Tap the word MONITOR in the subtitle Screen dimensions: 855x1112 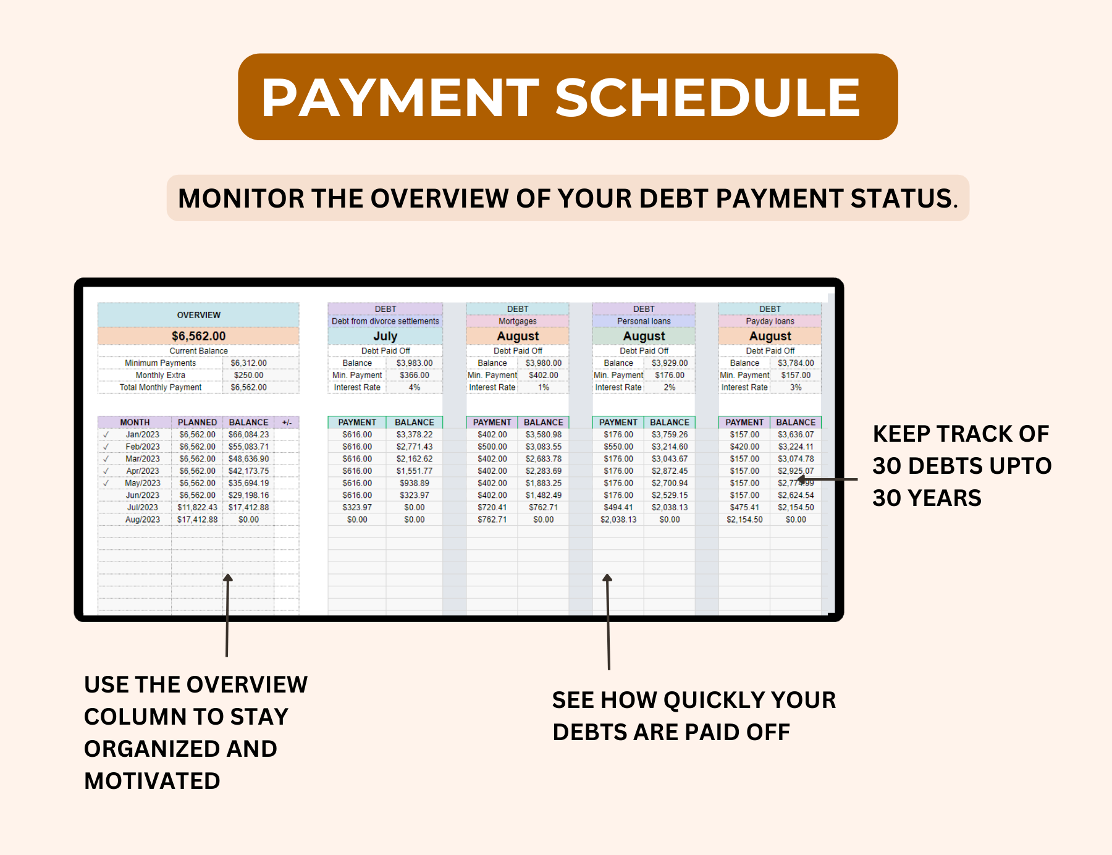click(x=241, y=199)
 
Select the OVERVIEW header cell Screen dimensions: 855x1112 click(x=198, y=315)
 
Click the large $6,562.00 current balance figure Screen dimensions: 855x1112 click(x=198, y=336)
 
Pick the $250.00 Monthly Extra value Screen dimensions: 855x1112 click(x=248, y=375)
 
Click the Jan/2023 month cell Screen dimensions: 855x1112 click(x=143, y=434)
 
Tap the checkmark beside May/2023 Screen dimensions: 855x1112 click(x=106, y=483)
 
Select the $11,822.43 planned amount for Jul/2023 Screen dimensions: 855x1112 click(x=197, y=507)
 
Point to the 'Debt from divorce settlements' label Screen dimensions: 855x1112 click(x=385, y=321)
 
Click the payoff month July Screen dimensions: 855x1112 click(x=385, y=336)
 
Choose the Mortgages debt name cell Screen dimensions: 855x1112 click(x=518, y=321)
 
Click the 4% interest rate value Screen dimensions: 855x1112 click(x=414, y=387)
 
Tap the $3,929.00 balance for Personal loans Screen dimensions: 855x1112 click(x=669, y=363)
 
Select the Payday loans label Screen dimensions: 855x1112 click(x=770, y=321)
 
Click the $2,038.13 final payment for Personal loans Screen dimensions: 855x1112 click(x=618, y=520)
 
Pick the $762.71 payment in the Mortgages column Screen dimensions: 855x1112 click(x=492, y=520)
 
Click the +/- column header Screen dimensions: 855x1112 click(x=287, y=423)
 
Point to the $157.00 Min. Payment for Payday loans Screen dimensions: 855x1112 click(x=796, y=375)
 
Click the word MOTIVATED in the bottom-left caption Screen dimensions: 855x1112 click(x=152, y=781)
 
